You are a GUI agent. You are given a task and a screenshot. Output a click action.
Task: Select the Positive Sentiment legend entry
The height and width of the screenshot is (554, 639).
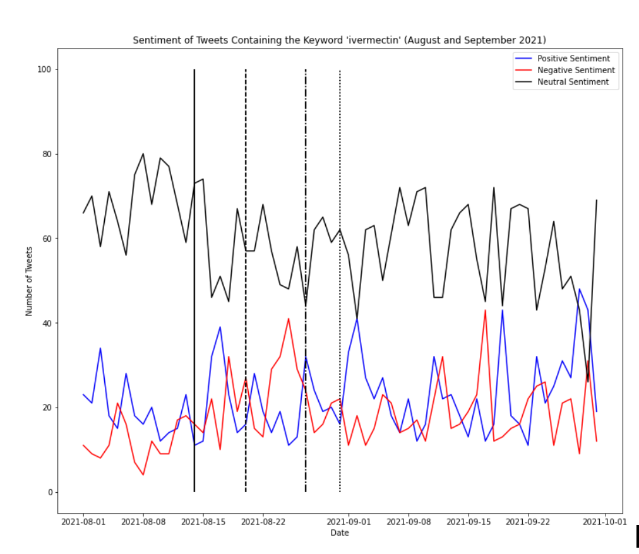[573, 59]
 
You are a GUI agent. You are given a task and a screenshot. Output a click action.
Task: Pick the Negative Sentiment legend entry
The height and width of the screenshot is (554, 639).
[575, 70]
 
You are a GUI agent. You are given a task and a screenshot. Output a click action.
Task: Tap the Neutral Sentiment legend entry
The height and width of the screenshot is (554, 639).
[573, 82]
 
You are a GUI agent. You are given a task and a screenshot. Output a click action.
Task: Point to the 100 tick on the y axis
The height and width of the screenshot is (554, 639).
[45, 69]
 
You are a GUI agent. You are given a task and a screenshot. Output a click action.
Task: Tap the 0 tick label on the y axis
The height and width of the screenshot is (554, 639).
[49, 492]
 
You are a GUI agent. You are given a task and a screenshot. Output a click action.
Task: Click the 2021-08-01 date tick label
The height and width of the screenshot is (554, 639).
[83, 522]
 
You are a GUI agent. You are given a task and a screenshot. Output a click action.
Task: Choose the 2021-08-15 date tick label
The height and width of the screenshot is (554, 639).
[203, 522]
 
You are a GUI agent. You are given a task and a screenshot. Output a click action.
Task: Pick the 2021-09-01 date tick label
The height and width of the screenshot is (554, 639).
[349, 522]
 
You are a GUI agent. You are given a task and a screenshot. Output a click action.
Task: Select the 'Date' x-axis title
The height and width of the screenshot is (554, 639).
[340, 533]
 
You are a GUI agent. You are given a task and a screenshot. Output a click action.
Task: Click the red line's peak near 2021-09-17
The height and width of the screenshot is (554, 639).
[485, 310]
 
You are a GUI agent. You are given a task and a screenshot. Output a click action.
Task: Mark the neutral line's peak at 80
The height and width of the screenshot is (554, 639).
[143, 154]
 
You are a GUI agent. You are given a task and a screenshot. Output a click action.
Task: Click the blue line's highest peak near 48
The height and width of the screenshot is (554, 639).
[579, 289]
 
